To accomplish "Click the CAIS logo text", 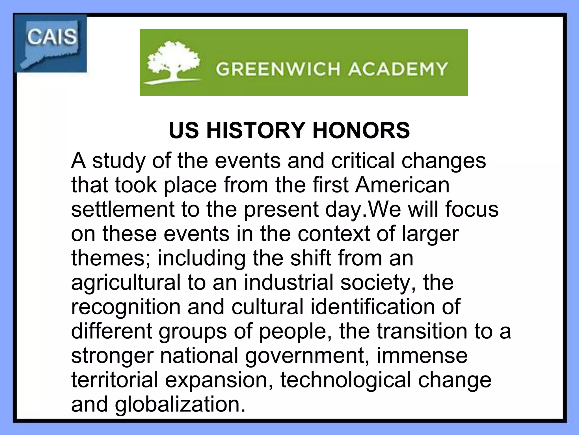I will click(x=52, y=37).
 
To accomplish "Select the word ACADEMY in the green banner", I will click(x=398, y=69).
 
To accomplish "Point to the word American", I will click(x=402, y=185).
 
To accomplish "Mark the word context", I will click(x=334, y=234).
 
